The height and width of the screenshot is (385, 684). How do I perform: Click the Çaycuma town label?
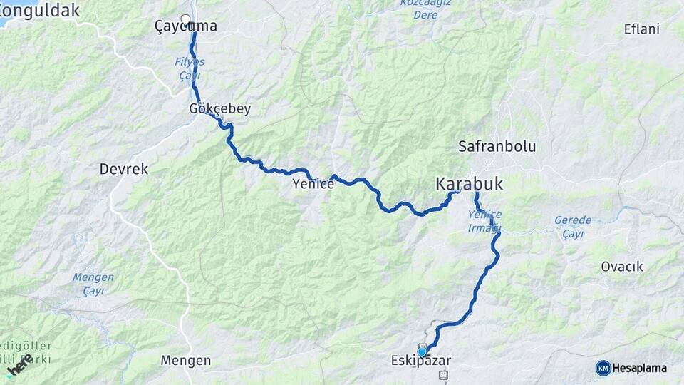pyautogui.click(x=186, y=26)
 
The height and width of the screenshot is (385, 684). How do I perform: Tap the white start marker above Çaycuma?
pyautogui.click(x=186, y=19)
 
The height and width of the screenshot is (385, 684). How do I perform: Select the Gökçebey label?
pyautogui.click(x=220, y=109)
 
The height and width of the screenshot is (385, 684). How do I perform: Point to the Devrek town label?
pyautogui.click(x=124, y=169)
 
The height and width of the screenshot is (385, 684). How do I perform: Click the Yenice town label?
pyautogui.click(x=313, y=184)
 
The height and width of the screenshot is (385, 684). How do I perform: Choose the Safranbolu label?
pyautogui.click(x=497, y=147)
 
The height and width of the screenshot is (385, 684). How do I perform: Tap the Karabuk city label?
pyautogui.click(x=469, y=185)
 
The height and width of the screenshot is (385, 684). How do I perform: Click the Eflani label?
pyautogui.click(x=641, y=29)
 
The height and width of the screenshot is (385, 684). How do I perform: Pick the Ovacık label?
pyautogui.click(x=622, y=267)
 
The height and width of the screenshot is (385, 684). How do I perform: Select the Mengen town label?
pyautogui.click(x=185, y=361)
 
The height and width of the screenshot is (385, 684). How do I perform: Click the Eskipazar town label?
pyautogui.click(x=422, y=361)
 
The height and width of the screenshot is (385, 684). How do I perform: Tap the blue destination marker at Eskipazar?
pyautogui.click(x=422, y=351)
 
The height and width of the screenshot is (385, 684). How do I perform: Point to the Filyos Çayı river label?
pyautogui.click(x=190, y=68)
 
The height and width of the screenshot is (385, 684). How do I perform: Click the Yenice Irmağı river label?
pyautogui.click(x=485, y=221)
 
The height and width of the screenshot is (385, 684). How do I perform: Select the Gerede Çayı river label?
pyautogui.click(x=573, y=227)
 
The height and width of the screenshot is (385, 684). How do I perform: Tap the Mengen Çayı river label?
pyautogui.click(x=93, y=284)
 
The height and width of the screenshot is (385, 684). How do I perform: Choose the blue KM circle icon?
pyautogui.click(x=603, y=368)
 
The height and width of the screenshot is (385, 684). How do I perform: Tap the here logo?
pyautogui.click(x=19, y=365)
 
